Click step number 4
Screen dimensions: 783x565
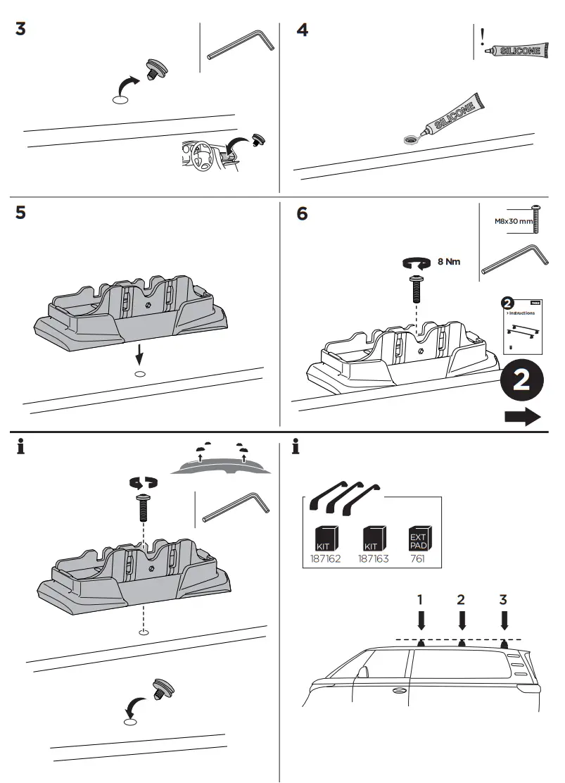(x=303, y=31)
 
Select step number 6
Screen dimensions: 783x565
(x=303, y=213)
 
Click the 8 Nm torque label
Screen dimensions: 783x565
(x=449, y=262)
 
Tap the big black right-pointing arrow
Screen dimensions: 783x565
(x=522, y=416)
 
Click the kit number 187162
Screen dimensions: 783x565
(x=324, y=561)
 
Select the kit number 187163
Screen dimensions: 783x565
(x=373, y=561)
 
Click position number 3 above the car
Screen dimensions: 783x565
(x=503, y=599)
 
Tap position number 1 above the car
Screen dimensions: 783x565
(x=420, y=599)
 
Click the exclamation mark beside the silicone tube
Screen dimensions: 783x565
(x=483, y=37)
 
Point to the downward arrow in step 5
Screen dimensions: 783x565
(x=140, y=351)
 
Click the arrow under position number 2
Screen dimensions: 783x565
(x=462, y=620)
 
